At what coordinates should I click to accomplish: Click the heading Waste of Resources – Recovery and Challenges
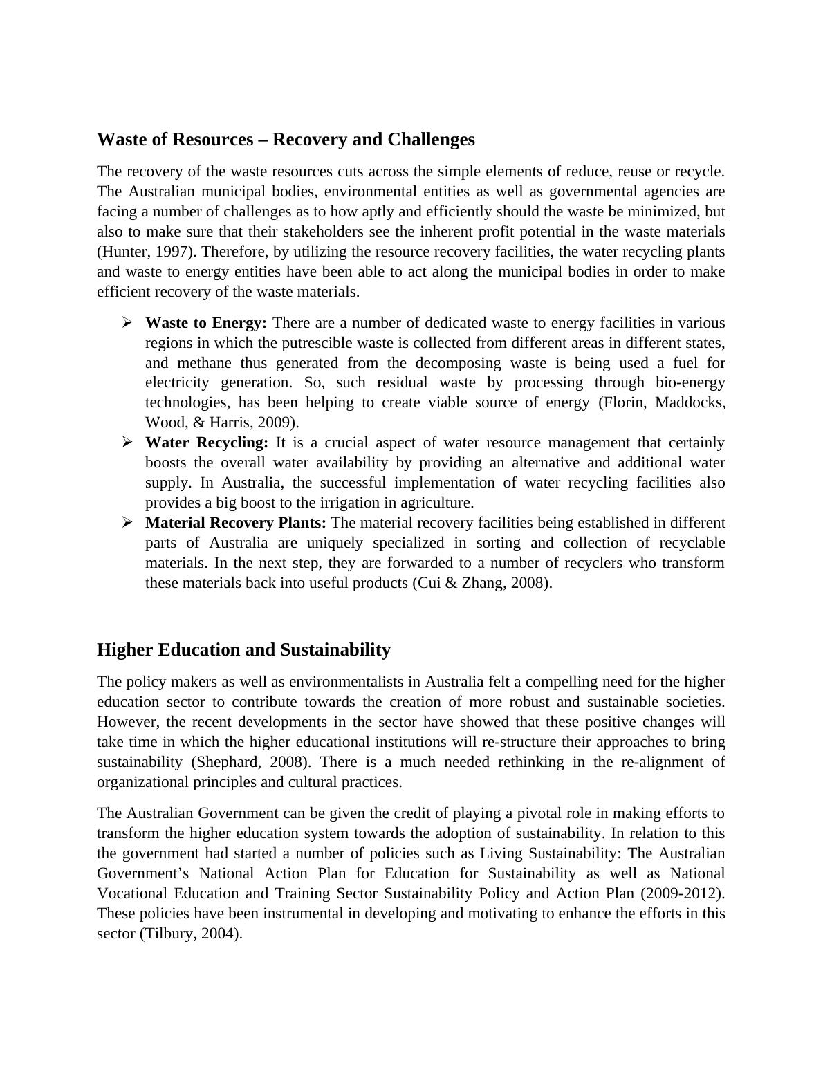pos(286,140)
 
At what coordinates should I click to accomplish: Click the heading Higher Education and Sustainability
pos(243,650)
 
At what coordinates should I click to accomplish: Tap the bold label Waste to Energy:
pos(206,323)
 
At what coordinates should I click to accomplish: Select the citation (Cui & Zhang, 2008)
pos(482,583)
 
